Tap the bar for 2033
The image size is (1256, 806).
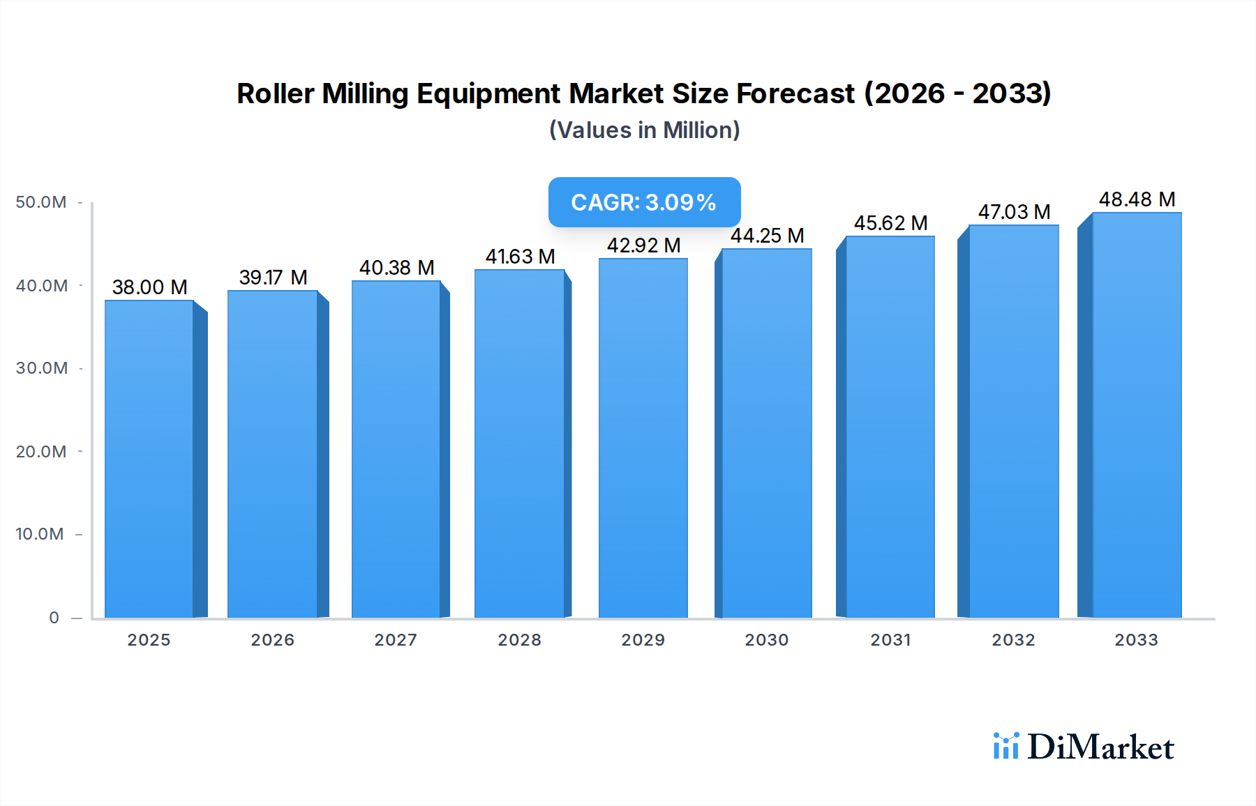point(1136,415)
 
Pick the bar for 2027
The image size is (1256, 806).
point(396,449)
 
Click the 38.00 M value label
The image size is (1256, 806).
point(149,287)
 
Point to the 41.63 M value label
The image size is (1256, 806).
point(520,257)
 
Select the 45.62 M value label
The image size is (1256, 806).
point(890,223)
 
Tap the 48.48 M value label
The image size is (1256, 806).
point(1137,199)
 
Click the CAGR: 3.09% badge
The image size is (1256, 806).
point(644,202)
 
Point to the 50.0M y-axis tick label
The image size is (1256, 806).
point(41,202)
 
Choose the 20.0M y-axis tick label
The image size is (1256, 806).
point(41,452)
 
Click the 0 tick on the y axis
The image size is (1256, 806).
point(54,618)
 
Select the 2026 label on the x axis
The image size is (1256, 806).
point(273,640)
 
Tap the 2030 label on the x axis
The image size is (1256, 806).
point(766,640)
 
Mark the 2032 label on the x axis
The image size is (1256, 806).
point(1013,640)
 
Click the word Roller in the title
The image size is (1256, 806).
point(275,93)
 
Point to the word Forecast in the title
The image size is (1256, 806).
point(795,93)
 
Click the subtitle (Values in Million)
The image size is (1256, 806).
point(644,130)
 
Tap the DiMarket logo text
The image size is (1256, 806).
point(1100,747)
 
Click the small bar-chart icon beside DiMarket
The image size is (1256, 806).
point(1005,746)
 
